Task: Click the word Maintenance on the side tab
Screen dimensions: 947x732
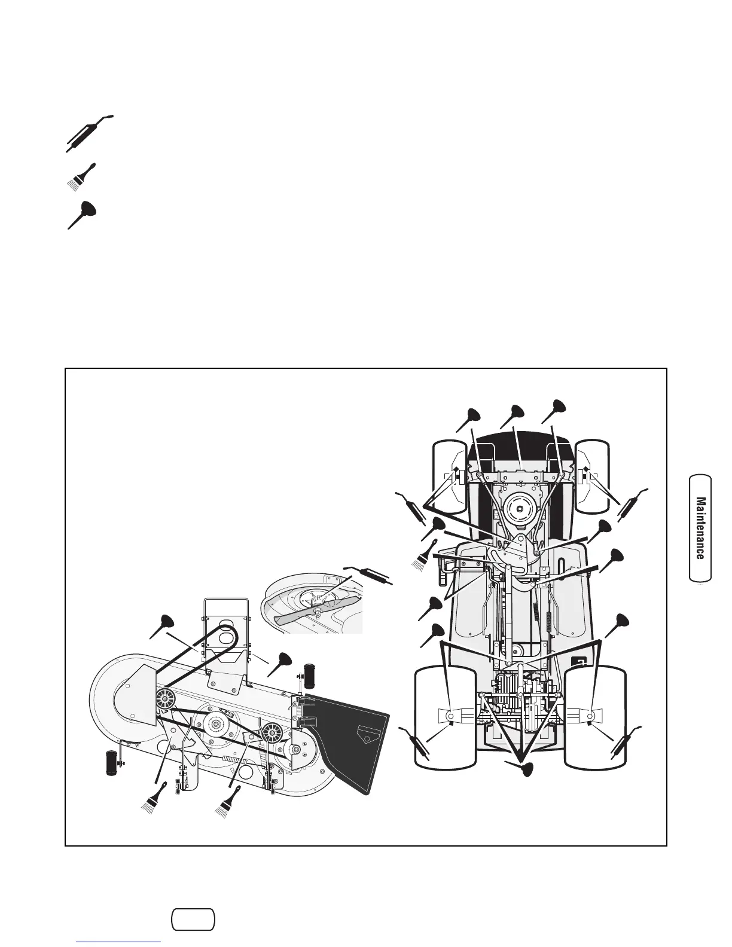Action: (x=700, y=527)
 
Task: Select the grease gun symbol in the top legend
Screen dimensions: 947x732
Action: (x=88, y=133)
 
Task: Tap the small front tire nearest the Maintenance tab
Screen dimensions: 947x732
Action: (x=591, y=476)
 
